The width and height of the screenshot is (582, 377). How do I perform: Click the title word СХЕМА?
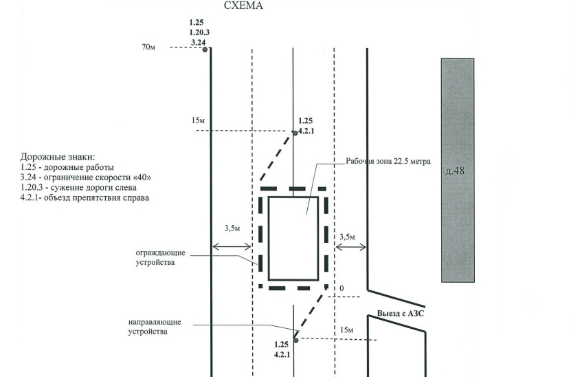(x=243, y=6)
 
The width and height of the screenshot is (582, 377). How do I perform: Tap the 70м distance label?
(x=148, y=47)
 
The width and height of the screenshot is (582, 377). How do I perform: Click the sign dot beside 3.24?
(x=205, y=50)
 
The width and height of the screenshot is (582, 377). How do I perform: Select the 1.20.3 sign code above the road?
(x=199, y=33)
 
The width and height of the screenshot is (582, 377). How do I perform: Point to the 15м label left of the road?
(x=198, y=120)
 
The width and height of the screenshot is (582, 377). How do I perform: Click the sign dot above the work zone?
(x=295, y=133)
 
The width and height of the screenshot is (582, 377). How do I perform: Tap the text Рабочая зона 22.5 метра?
(x=388, y=162)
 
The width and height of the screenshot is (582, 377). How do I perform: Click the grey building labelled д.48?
(x=458, y=170)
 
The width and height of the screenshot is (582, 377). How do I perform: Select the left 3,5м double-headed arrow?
(x=232, y=246)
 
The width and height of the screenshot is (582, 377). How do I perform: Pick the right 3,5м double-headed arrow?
(x=350, y=247)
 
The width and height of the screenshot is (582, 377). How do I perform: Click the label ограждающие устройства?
(x=160, y=258)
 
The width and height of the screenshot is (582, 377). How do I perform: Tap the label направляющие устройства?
(x=155, y=327)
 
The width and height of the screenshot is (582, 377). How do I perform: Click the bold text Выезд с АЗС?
(x=401, y=314)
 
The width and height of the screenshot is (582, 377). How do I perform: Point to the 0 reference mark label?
(x=342, y=288)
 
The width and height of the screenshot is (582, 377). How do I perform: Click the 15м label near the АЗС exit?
(x=347, y=330)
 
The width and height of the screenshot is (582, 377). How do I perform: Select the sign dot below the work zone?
(x=296, y=340)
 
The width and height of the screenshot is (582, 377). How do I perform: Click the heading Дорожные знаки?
(x=58, y=157)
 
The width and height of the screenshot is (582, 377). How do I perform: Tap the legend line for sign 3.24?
(x=86, y=177)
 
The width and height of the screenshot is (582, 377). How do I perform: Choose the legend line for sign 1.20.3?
(x=78, y=187)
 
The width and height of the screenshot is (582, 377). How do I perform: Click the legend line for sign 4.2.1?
(x=85, y=198)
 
